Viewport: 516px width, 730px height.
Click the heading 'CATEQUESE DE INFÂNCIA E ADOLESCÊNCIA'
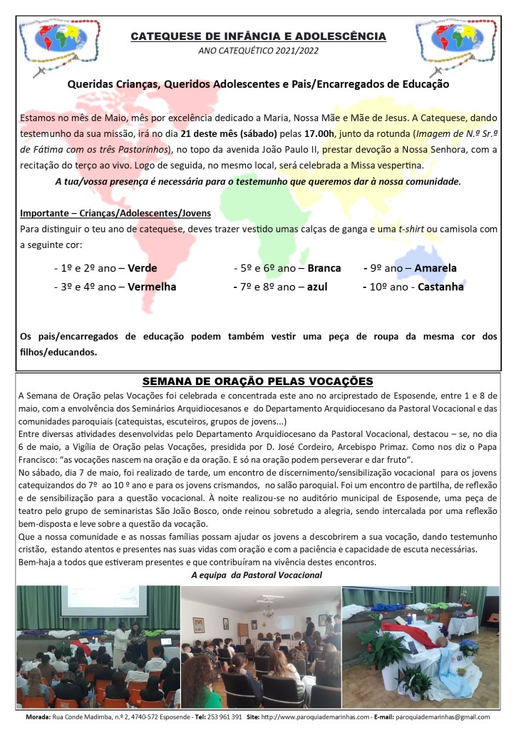pos(258,36)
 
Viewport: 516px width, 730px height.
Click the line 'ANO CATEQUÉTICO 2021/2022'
pos(258,51)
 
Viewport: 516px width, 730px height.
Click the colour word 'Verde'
pos(141,269)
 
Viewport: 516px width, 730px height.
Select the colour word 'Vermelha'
pos(152,287)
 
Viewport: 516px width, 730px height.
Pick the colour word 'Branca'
pos(324,269)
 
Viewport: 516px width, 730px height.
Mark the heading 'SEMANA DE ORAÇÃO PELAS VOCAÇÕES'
pos(258,381)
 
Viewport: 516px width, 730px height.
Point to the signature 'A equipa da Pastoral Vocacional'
pos(257,575)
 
